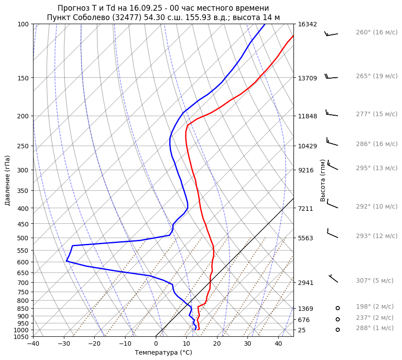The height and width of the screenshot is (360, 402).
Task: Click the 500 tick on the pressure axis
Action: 24,238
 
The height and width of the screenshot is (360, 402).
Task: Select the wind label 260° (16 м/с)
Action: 376,32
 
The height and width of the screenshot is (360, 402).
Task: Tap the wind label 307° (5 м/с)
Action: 374,280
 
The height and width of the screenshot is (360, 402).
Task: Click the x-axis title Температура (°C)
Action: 163,353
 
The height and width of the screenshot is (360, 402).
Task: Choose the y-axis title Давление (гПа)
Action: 8,180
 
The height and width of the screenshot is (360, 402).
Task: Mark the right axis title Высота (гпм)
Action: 322,180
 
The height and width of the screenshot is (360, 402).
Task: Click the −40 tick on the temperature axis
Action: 33,343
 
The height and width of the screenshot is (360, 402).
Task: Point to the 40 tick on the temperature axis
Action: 278,343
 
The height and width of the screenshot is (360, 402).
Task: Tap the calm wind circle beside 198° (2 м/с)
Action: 338,308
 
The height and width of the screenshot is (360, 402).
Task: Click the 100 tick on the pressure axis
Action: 24,24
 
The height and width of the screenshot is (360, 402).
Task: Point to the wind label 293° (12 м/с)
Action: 376,236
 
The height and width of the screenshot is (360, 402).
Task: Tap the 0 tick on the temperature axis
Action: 156,343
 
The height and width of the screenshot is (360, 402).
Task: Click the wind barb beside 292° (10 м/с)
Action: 332,205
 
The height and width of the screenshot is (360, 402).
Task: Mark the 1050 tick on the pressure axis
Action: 22,337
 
